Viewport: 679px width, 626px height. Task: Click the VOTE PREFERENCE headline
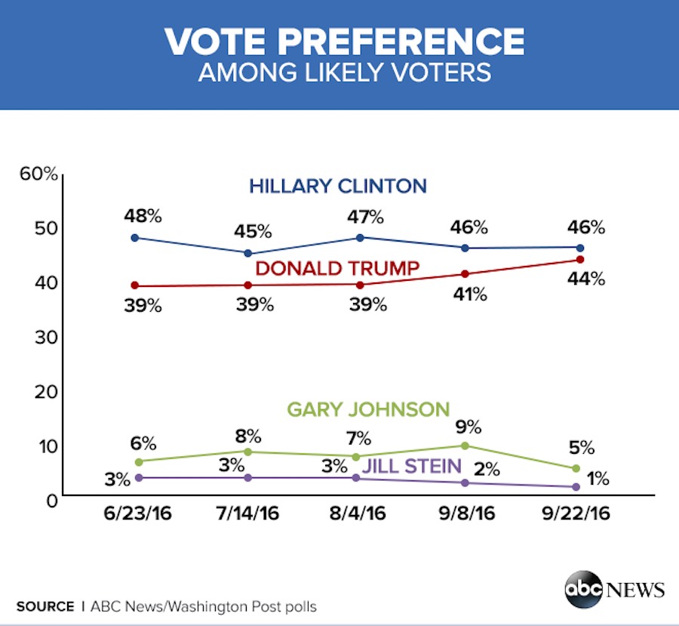pos(344,42)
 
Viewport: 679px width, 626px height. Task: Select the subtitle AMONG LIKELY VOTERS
pos(344,73)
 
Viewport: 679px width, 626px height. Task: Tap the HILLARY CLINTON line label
pos(338,185)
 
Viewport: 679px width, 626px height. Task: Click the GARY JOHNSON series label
pos(368,410)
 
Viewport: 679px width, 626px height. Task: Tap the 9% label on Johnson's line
pos(468,424)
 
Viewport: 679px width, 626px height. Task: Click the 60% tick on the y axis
pos(38,174)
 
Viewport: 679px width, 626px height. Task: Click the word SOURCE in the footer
pos(45,606)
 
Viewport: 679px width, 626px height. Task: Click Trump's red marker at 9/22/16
pos(580,259)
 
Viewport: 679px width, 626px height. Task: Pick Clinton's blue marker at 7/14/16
pos(249,253)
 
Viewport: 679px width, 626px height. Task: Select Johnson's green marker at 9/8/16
pos(465,446)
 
